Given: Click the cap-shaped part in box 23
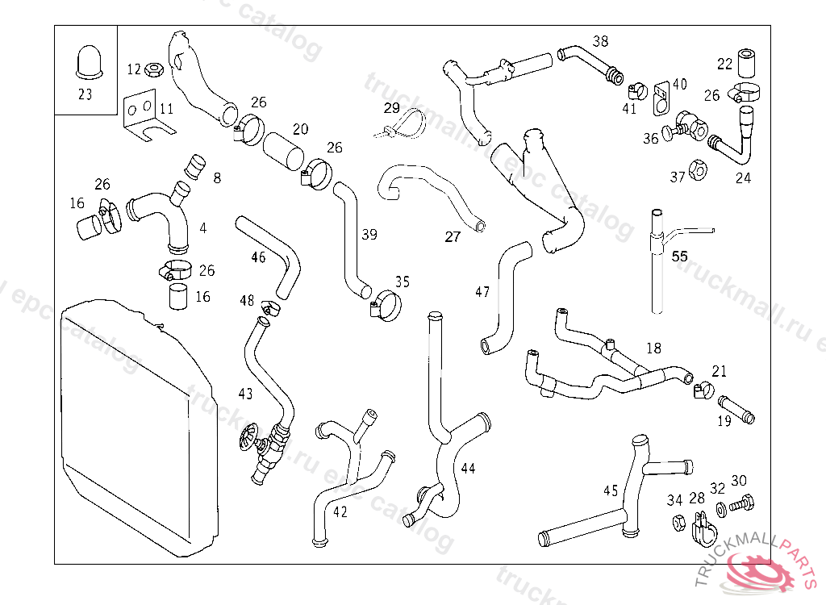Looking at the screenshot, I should [85, 61].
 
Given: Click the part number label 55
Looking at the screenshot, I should [680, 257].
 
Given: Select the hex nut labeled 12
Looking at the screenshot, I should [158, 70].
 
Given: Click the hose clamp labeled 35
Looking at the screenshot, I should [386, 305].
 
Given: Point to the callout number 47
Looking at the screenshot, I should [482, 292].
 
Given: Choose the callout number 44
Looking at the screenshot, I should [468, 468].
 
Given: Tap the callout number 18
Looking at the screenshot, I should [653, 348].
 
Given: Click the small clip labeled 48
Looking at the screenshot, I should [269, 307].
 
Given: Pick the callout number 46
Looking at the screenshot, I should [258, 257].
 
